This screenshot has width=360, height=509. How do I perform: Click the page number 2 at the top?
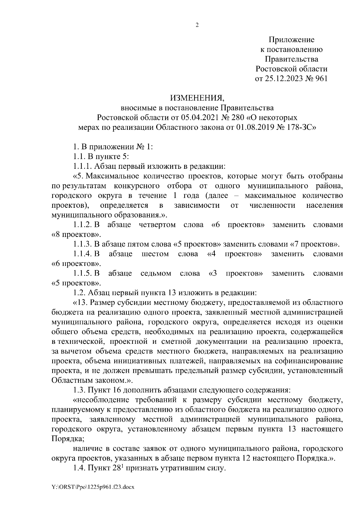click(x=197, y=25)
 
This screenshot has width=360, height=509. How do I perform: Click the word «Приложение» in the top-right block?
click(x=291, y=40)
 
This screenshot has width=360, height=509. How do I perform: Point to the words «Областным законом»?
click(x=89, y=380)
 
